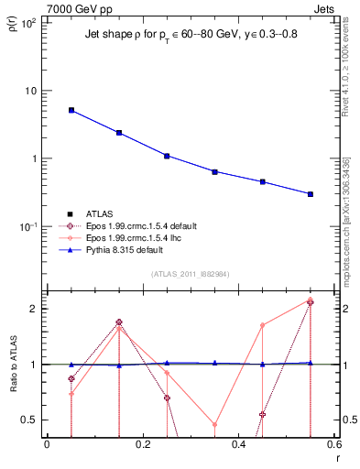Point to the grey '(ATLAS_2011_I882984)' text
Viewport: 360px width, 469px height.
[190, 274]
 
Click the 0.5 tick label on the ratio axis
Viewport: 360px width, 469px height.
[29, 420]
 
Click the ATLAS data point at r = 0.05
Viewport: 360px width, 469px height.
[71, 110]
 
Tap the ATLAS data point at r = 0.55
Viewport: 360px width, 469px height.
[311, 194]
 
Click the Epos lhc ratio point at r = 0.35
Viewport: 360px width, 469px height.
[214, 424]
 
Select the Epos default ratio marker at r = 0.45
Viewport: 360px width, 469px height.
[262, 414]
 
